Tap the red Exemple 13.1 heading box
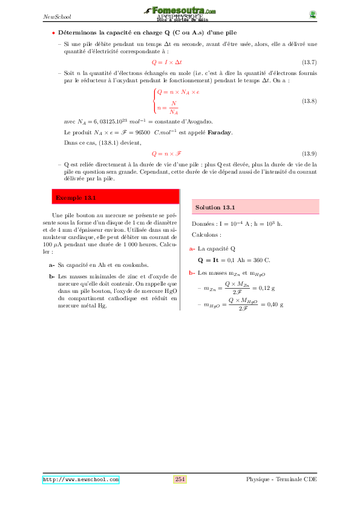pyautogui.click(x=116, y=197)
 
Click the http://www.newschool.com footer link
pyautogui.click(x=80, y=479)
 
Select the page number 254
pyautogui.click(x=180, y=479)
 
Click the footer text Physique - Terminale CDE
pyautogui.click(x=281, y=479)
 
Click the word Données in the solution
pyautogui.click(x=204, y=224)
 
